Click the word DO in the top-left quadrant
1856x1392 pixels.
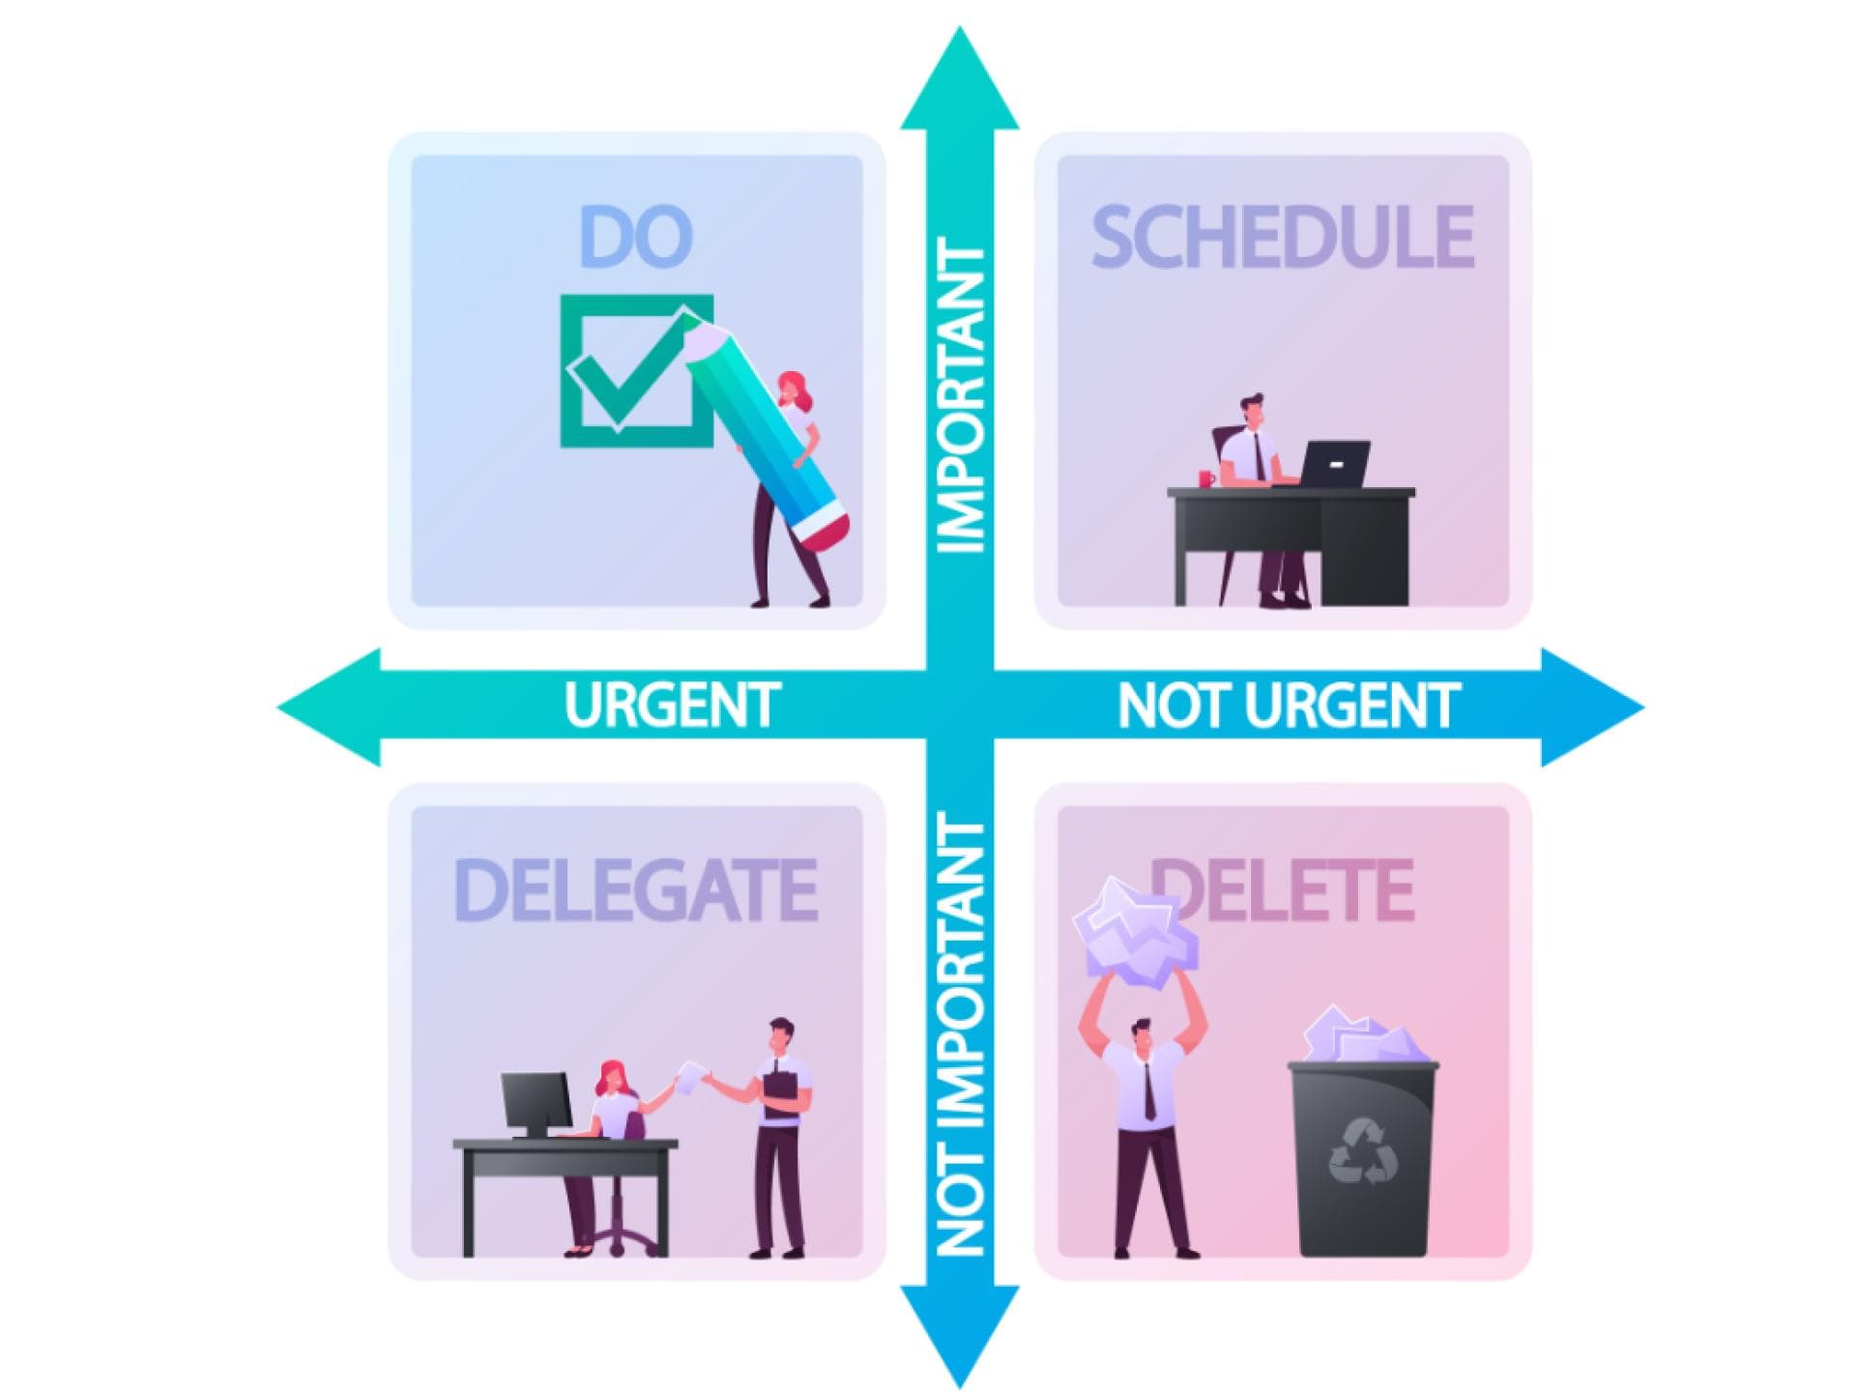(635, 236)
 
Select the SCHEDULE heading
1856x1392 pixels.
(1283, 236)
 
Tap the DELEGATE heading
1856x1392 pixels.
(635, 889)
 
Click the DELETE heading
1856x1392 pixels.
(1283, 889)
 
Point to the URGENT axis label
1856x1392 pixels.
(672, 705)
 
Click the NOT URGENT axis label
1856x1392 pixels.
(1288, 705)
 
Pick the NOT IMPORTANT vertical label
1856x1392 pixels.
(961, 1033)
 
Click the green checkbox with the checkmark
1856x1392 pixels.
(637, 371)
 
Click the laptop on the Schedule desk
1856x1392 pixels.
(1334, 465)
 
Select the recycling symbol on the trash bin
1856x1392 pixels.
(1363, 1150)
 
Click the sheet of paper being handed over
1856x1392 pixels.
(690, 1077)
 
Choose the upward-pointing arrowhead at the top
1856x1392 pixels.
(960, 78)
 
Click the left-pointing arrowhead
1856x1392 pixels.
(329, 708)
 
